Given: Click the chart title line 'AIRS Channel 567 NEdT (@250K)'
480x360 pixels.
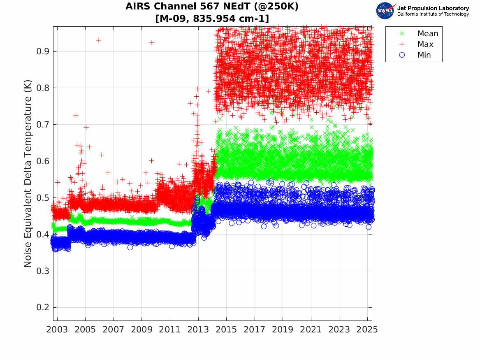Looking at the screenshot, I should [x=212, y=7].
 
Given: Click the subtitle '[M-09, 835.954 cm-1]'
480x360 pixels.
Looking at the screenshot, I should [x=212, y=18].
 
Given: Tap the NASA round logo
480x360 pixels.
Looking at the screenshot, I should [x=385, y=10].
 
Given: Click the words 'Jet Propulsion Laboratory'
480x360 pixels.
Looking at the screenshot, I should [x=433, y=8].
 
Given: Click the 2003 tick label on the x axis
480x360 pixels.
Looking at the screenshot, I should [x=57, y=329].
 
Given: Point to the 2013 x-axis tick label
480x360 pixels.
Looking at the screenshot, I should [x=198, y=329].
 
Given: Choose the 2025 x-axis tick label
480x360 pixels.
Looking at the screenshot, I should [x=367, y=329].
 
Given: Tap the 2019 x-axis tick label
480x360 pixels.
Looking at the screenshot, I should [x=283, y=329].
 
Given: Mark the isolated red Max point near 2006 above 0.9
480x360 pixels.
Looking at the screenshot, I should [x=99, y=40].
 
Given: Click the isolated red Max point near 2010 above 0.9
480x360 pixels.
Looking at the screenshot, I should [x=152, y=42].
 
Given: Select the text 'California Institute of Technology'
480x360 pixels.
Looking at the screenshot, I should [x=433, y=14].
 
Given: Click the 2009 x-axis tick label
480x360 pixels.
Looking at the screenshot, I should [x=142, y=329].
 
